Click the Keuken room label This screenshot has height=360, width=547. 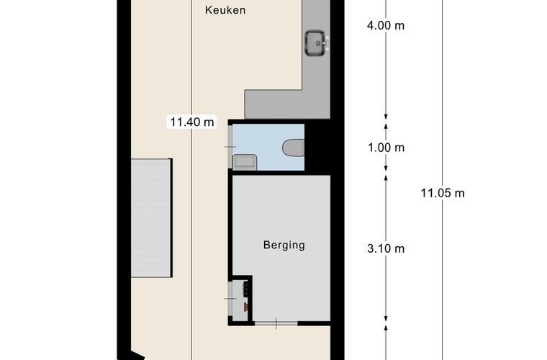(x=225, y=10)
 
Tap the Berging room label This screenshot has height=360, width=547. (x=283, y=245)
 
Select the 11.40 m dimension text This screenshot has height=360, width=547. (x=191, y=122)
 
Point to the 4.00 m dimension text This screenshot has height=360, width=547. (x=386, y=26)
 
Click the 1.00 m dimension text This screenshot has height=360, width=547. (x=386, y=148)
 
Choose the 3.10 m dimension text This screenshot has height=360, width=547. (x=386, y=248)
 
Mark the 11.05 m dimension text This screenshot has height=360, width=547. (x=443, y=192)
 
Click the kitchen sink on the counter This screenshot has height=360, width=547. (x=315, y=42)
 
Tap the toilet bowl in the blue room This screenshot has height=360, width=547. (x=294, y=148)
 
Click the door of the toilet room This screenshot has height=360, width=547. (x=230, y=147)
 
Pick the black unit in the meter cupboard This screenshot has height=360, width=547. (x=247, y=287)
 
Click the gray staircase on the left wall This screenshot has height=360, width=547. (x=151, y=218)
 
